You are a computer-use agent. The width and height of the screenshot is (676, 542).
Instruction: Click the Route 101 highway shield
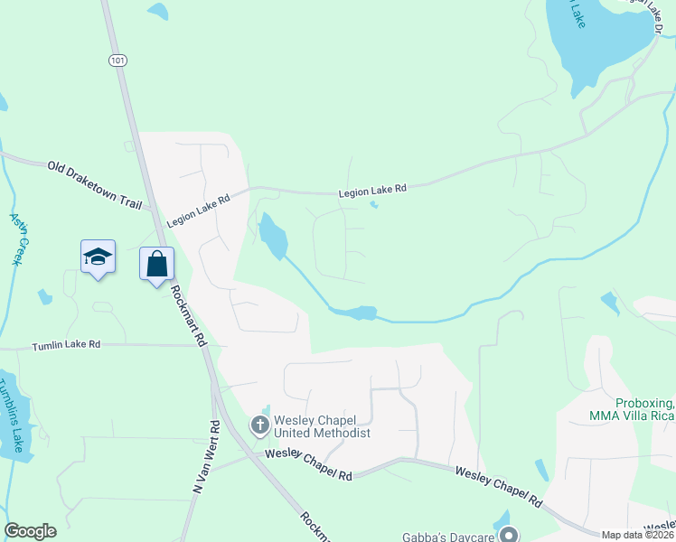117,61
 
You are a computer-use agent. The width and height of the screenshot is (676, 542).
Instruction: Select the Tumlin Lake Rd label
66,346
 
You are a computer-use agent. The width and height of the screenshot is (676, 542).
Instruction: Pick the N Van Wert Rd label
206,456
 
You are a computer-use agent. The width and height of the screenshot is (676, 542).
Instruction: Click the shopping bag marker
157,265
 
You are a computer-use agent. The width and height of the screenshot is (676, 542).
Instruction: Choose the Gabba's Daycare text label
448,536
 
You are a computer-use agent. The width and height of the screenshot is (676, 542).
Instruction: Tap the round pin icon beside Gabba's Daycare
510,535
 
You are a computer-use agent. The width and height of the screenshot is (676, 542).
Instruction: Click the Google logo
30,531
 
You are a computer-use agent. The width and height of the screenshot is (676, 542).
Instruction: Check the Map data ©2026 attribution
636,535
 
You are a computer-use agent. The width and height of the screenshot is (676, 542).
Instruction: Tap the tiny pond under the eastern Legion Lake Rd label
373,204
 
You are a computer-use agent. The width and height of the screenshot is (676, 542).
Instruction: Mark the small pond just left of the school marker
44,295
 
